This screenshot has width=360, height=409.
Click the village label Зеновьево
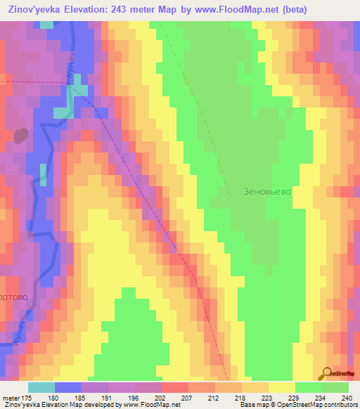[266, 190]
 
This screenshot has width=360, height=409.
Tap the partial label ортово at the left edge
[14, 297]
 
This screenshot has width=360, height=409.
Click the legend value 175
[28, 397]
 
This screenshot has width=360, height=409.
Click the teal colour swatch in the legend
[41, 387]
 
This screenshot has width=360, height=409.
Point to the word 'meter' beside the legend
[11, 397]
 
